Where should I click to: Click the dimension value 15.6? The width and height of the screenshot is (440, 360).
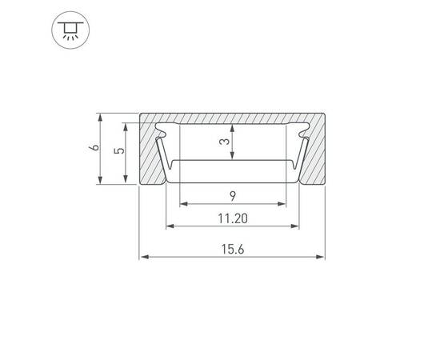tap(232, 250)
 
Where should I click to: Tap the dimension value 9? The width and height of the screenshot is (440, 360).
tap(231, 195)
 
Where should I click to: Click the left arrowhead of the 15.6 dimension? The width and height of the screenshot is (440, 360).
tap(145, 258)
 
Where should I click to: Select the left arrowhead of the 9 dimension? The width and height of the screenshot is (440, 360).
tap(183, 204)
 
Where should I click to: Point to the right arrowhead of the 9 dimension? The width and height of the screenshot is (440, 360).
tap(282, 204)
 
